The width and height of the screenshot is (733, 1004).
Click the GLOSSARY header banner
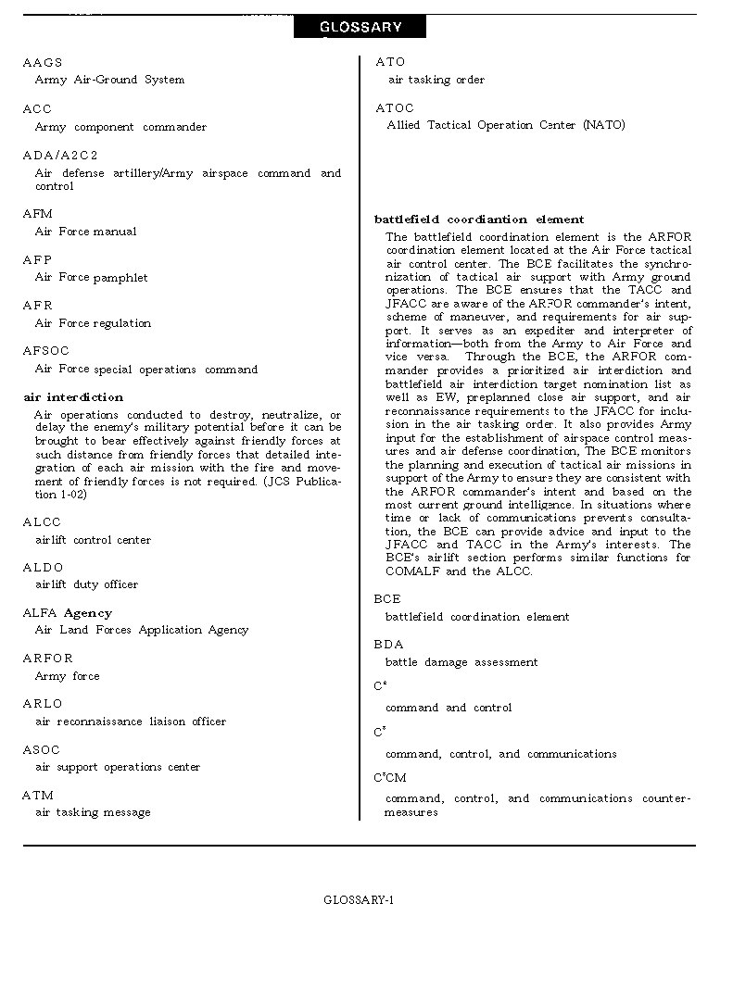[x=360, y=27]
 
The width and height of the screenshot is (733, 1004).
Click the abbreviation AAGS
[x=43, y=62]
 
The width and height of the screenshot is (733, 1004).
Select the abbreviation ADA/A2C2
[x=60, y=155]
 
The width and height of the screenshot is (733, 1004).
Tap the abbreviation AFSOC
[x=46, y=350]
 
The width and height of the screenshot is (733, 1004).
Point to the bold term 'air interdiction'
[x=73, y=397]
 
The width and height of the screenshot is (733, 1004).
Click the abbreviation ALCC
[x=42, y=521]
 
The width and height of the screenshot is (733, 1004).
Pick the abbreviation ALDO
[x=43, y=567]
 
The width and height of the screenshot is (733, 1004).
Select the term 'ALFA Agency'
[x=67, y=612]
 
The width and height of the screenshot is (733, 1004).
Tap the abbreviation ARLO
[x=43, y=703]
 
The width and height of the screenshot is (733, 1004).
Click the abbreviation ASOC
[x=42, y=749]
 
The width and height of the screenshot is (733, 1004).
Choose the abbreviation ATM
[x=38, y=795]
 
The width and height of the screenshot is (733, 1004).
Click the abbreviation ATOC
[x=395, y=107]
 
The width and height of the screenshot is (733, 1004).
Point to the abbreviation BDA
[x=389, y=644]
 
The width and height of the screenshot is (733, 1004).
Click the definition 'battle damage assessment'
[x=461, y=662]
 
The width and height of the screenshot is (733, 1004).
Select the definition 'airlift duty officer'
[x=86, y=584]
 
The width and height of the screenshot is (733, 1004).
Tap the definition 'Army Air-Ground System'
[x=109, y=80]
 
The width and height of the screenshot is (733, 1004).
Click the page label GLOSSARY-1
[x=359, y=899]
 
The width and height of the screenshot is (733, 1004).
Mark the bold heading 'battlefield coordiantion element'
[x=479, y=220]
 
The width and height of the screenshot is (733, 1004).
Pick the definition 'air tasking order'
[x=436, y=80]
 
